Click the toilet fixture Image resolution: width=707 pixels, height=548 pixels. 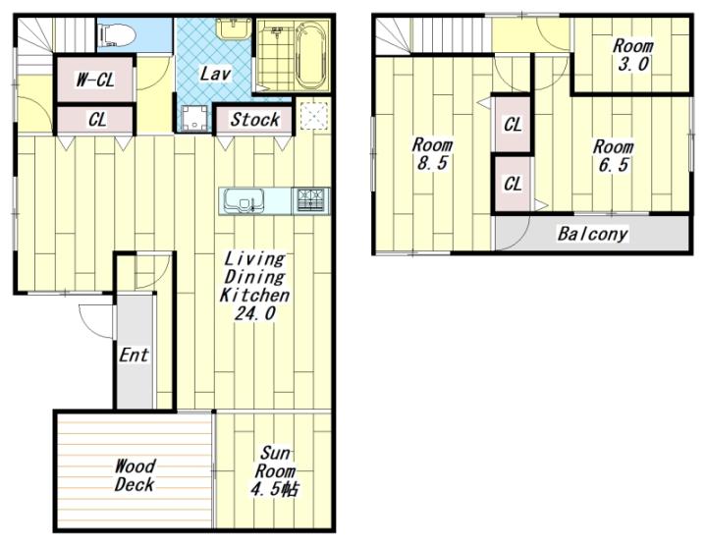click(117, 34)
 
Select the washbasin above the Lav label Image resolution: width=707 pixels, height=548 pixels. click(233, 27)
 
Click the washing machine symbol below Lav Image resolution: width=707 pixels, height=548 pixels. click(194, 117)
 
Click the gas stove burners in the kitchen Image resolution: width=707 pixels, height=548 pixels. click(310, 200)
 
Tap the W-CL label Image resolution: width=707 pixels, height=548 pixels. click(95, 80)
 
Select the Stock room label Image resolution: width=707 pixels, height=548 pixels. click(254, 120)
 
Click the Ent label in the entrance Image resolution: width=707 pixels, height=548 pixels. click(134, 355)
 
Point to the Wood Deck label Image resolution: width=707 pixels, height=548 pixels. click(135, 475)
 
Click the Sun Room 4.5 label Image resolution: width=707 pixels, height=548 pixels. click(275, 471)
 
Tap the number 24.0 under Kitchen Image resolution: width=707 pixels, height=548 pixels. click(254, 313)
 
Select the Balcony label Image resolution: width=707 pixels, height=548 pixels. click(592, 234)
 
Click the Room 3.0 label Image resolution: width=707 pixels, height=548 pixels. click(632, 55)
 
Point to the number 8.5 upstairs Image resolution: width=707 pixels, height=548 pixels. click(431, 163)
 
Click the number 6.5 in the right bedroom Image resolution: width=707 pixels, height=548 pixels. click(613, 165)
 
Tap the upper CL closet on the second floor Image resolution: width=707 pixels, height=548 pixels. click(513, 125)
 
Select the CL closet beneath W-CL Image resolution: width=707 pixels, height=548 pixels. click(96, 120)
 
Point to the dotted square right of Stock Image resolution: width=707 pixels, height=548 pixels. click(314, 116)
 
